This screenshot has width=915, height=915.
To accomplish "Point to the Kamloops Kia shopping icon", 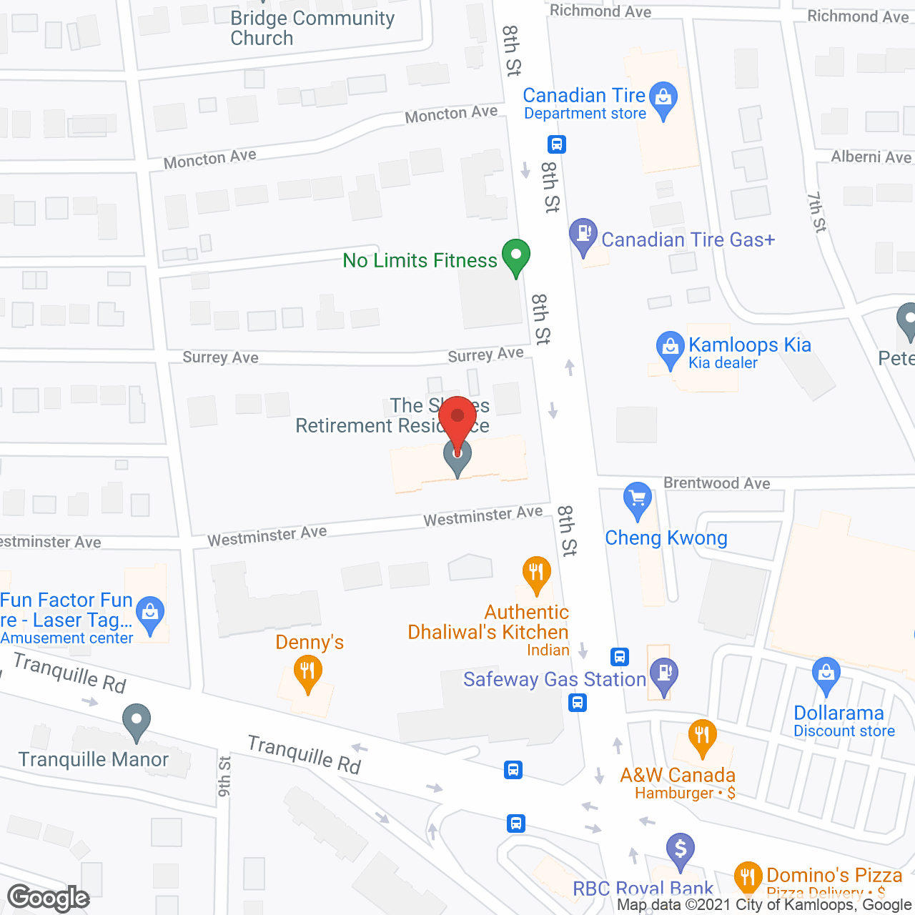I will click(x=670, y=348).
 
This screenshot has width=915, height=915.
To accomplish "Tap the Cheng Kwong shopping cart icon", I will click(x=637, y=498).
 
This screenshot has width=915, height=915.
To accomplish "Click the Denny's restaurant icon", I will click(x=307, y=673).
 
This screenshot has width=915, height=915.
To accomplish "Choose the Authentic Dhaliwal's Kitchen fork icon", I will click(x=536, y=573).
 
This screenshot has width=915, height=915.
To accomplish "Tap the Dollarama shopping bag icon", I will click(x=826, y=674).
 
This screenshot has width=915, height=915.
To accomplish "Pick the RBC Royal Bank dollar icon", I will click(x=680, y=850).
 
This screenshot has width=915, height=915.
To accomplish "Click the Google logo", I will click(x=49, y=898).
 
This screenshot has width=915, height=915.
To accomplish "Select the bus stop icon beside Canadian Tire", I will click(x=557, y=144).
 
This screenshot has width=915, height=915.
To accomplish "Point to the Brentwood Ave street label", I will click(x=717, y=483).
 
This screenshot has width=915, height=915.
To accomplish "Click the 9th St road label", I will click(x=224, y=776).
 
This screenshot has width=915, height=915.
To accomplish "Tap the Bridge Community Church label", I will click(x=312, y=28).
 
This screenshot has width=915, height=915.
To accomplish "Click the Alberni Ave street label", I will click(x=871, y=157).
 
